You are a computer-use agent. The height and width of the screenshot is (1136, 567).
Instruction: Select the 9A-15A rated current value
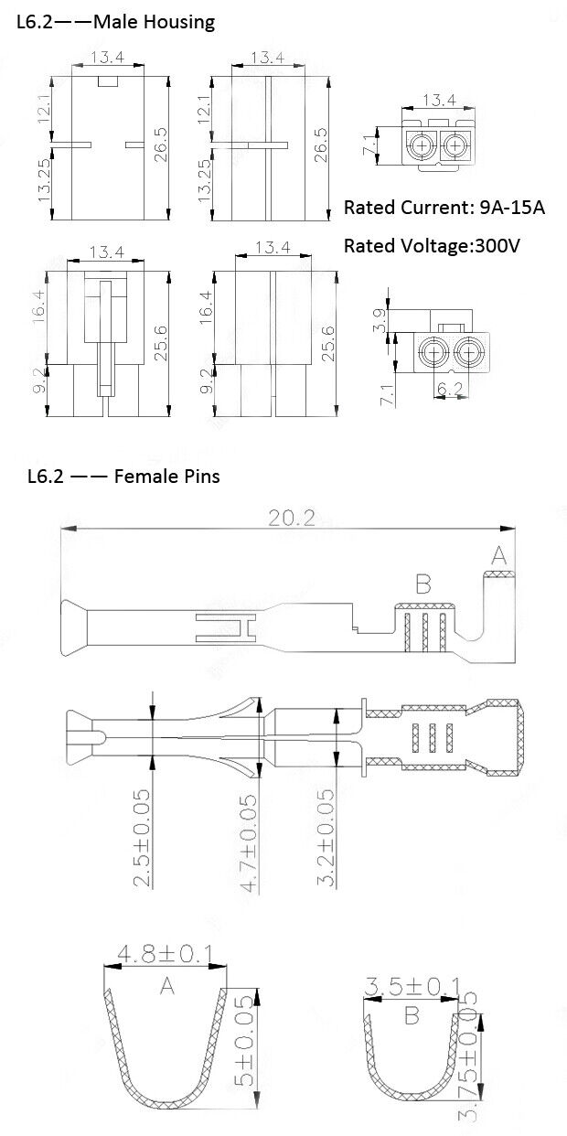pyautogui.click(x=511, y=208)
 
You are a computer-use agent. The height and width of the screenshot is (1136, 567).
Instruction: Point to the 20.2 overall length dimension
pyautogui.click(x=291, y=519)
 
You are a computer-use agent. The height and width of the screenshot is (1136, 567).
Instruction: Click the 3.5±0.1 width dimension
pyautogui.click(x=411, y=986)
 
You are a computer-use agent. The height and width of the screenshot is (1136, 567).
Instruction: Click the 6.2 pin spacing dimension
pyautogui.click(x=449, y=390)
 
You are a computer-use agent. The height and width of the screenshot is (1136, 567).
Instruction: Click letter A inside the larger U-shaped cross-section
pyautogui.click(x=166, y=985)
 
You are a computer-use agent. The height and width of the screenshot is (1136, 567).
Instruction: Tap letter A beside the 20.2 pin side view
pyautogui.click(x=498, y=555)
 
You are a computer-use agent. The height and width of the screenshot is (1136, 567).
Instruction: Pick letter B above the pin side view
pyautogui.click(x=423, y=584)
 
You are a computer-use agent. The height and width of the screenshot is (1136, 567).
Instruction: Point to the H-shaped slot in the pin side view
pyautogui.click(x=223, y=627)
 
